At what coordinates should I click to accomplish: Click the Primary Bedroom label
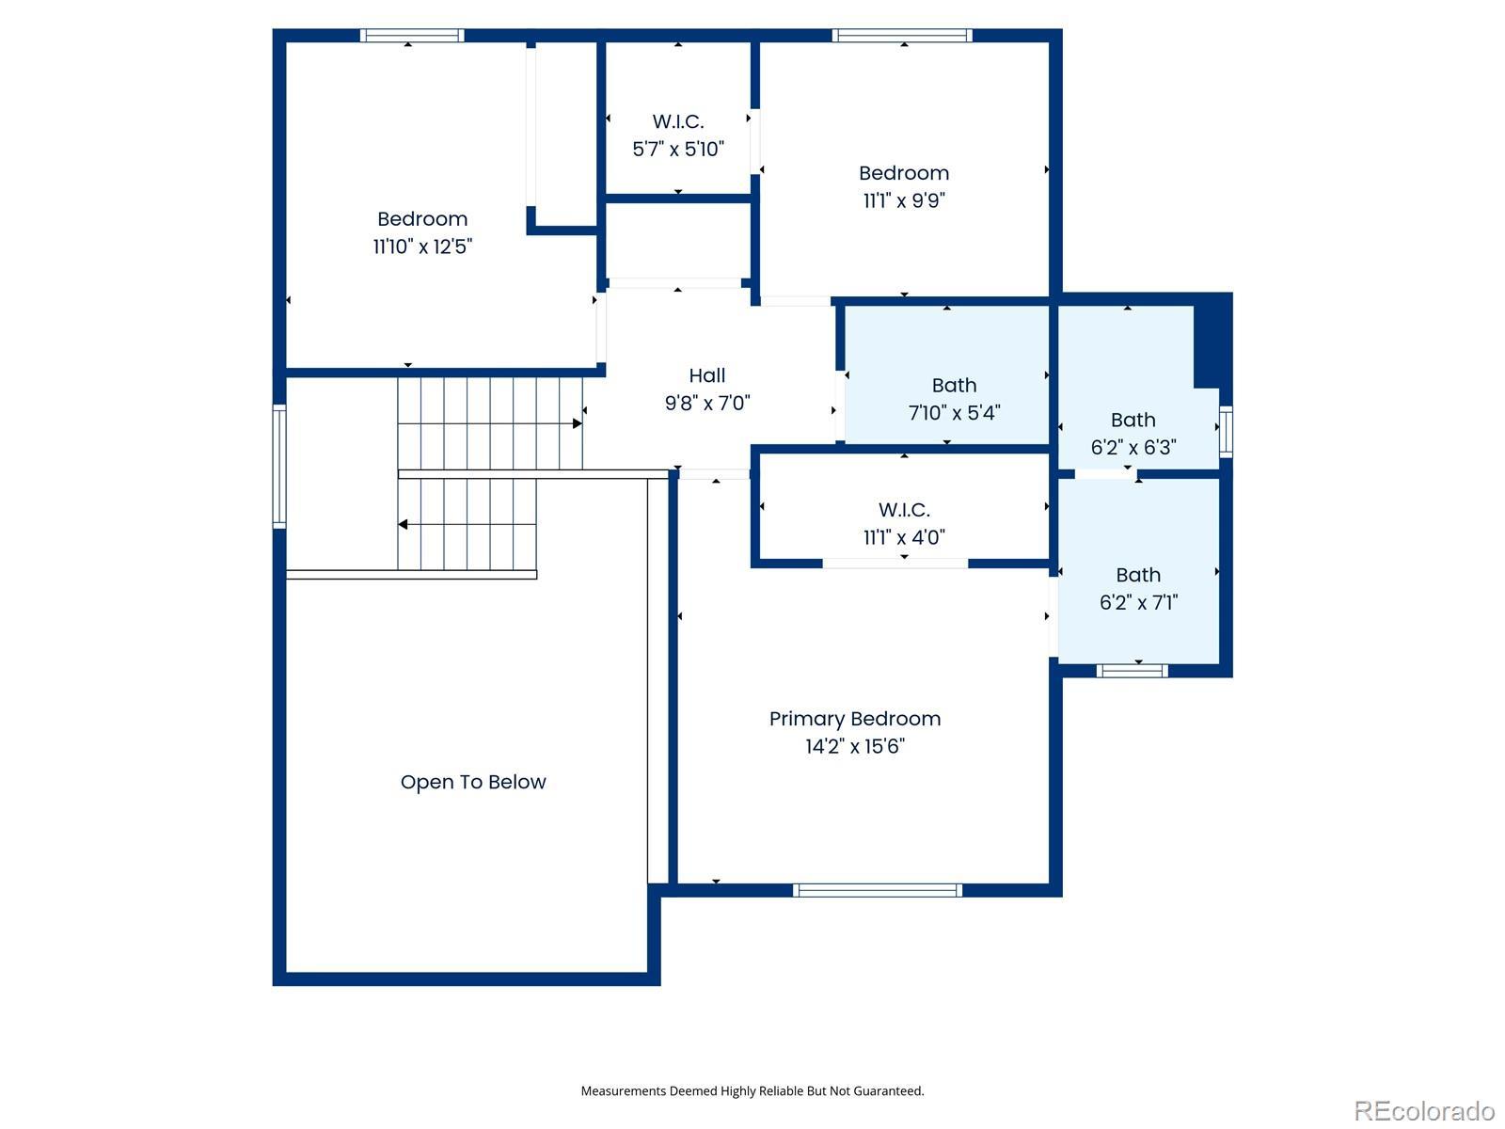click(x=854, y=719)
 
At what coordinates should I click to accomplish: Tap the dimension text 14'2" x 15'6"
click(x=854, y=746)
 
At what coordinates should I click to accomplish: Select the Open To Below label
click(x=472, y=782)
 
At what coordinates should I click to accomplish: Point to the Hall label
click(x=707, y=375)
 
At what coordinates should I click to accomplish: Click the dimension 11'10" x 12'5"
click(x=422, y=246)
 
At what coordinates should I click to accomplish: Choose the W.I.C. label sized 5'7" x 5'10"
click(x=678, y=121)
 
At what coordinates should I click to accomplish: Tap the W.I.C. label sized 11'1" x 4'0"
click(x=904, y=510)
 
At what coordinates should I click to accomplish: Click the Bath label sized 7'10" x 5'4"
click(x=954, y=385)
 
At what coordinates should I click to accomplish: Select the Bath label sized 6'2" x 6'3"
click(x=1133, y=420)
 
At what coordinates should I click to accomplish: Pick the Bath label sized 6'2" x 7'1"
click(x=1138, y=575)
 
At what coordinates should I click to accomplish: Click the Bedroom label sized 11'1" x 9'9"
click(x=904, y=173)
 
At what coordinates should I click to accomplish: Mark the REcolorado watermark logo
click(x=1424, y=1110)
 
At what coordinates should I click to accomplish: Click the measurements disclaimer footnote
click(x=752, y=1090)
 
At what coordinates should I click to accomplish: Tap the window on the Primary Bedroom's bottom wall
click(x=877, y=890)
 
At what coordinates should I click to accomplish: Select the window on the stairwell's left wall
click(x=279, y=466)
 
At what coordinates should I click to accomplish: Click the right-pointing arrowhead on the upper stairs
click(x=578, y=423)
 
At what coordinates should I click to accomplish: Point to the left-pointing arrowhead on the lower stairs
click(x=404, y=524)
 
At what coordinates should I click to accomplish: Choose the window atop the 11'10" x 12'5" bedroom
click(x=412, y=35)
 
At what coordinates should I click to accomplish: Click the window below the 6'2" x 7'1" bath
click(x=1132, y=671)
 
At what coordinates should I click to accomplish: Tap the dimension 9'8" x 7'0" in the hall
click(x=707, y=403)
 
